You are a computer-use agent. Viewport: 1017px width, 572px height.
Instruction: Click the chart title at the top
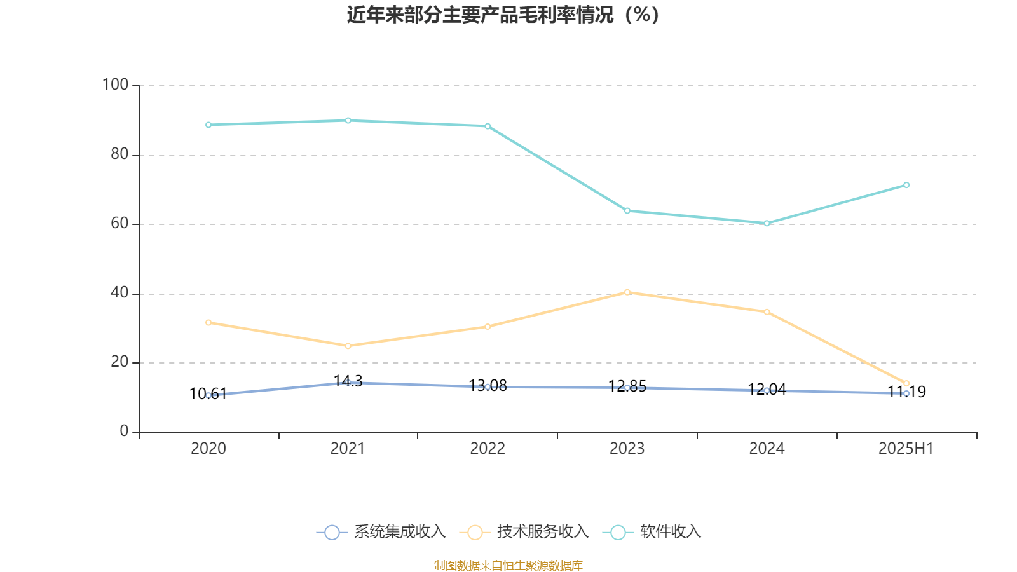(503, 15)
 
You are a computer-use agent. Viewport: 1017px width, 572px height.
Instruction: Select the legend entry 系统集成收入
(381, 532)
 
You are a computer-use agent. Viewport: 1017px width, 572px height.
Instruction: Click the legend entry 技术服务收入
(528, 532)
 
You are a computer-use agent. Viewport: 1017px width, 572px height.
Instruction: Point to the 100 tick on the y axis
(116, 85)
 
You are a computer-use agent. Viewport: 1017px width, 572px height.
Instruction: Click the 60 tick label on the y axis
(119, 224)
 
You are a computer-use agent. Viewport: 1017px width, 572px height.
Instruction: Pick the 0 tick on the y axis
(124, 432)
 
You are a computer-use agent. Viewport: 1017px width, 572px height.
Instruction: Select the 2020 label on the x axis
(208, 449)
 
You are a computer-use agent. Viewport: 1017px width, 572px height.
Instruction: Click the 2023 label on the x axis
(627, 449)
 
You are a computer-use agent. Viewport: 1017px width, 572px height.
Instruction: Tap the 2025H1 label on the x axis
(905, 449)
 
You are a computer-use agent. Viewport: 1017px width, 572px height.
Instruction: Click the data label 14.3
(348, 381)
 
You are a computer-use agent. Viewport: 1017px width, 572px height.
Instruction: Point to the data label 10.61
(208, 394)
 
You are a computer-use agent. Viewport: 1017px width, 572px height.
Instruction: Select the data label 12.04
(767, 390)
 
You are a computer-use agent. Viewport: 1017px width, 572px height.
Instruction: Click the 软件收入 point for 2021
(348, 120)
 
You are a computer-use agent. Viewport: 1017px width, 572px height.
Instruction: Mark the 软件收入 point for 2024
(767, 223)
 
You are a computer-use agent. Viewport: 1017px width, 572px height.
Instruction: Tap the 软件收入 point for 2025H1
(906, 185)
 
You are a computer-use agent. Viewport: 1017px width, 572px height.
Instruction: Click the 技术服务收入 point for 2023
(627, 292)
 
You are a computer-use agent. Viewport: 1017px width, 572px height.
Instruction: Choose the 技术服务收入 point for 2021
(348, 346)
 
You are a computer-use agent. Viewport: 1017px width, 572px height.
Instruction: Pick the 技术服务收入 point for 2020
(208, 322)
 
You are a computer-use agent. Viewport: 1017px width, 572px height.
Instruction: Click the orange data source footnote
(508, 565)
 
